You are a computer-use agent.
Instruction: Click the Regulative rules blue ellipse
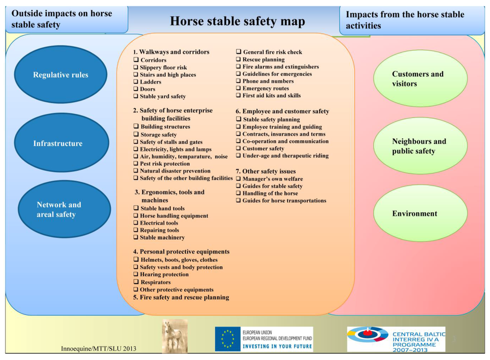tap(60, 75)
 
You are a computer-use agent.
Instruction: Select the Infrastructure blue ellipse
tap(61, 143)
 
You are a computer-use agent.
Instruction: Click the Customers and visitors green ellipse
tap(420, 79)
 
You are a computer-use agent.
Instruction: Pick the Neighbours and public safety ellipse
tap(420, 146)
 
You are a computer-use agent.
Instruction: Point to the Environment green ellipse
tap(420, 214)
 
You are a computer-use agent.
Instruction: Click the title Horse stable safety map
tap(237, 21)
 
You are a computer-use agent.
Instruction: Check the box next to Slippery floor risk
tap(136, 67)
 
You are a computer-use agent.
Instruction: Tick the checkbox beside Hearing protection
tap(136, 274)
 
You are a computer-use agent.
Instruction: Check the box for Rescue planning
tap(238, 59)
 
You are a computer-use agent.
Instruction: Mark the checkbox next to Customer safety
tap(238, 148)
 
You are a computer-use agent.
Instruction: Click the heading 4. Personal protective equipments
tap(181, 251)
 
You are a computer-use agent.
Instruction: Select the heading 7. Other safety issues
tap(266, 171)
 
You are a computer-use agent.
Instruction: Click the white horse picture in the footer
tap(174, 336)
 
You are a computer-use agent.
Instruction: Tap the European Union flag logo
tap(228, 339)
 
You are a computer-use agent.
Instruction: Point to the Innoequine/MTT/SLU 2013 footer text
tap(99, 348)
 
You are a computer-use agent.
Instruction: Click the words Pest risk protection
tap(165, 164)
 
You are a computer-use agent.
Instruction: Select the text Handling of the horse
tap(270, 193)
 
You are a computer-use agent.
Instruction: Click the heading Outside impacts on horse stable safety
tap(62, 19)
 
